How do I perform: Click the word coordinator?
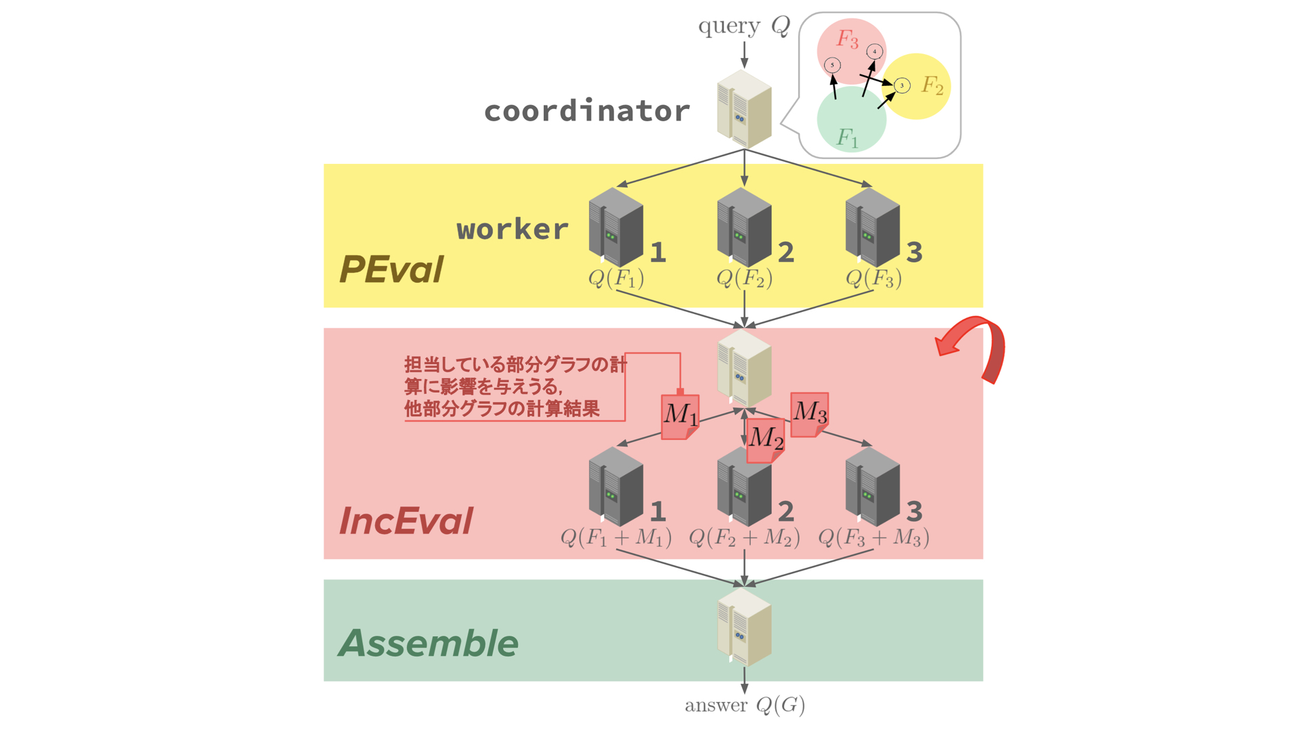(586, 111)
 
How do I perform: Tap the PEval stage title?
(391, 269)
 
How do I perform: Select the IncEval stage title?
(406, 521)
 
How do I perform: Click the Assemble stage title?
(428, 643)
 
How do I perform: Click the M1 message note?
(680, 415)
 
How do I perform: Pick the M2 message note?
(765, 439)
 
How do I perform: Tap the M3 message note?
(809, 412)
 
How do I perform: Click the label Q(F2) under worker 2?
(744, 278)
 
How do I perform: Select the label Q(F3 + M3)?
(873, 537)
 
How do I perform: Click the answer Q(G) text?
(745, 705)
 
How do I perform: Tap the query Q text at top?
(743, 26)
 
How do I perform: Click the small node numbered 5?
(832, 65)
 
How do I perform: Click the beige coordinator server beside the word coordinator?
(744, 110)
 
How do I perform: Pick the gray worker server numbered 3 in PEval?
(872, 227)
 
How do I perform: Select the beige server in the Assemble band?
(744, 627)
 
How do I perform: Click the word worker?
(513, 229)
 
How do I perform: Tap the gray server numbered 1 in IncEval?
(615, 487)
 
